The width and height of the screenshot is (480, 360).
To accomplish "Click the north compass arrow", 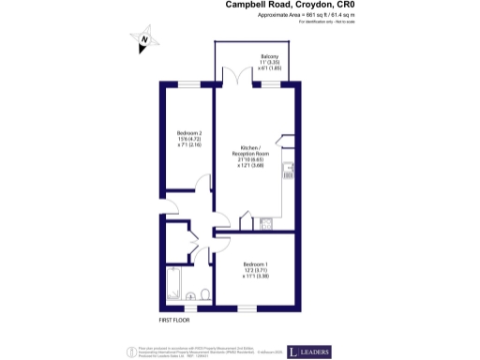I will (x=144, y=40).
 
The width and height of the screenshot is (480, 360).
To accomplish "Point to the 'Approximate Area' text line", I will (x=292, y=16).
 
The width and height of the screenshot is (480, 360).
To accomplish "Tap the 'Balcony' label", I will (x=273, y=56).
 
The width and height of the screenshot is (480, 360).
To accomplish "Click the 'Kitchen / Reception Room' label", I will (x=256, y=152).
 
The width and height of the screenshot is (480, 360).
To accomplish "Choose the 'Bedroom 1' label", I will (x=256, y=263).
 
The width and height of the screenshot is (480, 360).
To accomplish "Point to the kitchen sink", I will (x=265, y=222).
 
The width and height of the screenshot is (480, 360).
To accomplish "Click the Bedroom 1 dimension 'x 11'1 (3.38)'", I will (x=256, y=277).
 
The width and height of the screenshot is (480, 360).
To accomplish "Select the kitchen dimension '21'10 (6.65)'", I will (x=256, y=158).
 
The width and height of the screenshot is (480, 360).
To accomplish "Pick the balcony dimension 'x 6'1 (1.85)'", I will (x=273, y=69).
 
